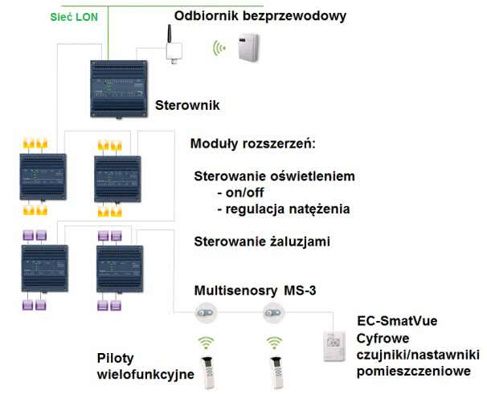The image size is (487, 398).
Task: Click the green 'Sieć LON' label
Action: coord(74,17)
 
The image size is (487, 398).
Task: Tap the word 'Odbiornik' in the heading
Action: coord(207,15)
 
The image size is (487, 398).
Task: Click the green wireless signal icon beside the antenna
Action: coord(219,48)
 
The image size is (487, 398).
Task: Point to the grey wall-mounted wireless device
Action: coord(248,47)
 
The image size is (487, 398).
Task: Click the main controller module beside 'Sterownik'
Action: coord(119,89)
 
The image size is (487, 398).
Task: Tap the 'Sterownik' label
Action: coord(187,105)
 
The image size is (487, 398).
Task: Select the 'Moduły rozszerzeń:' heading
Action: coord(253,144)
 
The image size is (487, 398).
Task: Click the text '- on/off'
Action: coord(240,193)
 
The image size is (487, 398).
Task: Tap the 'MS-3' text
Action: coord(300,290)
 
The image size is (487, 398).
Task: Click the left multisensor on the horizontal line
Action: coord(205,313)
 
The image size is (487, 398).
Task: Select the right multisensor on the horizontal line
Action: coord(273,313)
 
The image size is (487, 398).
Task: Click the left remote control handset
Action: coord(208,373)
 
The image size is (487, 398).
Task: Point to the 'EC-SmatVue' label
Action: coord(397,321)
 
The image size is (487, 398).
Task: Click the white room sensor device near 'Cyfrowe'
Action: coord(334,346)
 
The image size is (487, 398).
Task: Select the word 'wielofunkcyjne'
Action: coord(145,375)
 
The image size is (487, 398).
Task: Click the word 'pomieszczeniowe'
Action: coord(413,372)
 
